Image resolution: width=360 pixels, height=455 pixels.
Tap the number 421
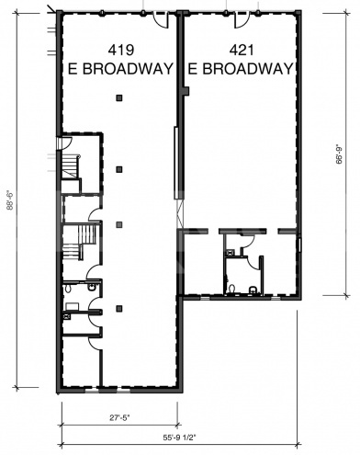240,50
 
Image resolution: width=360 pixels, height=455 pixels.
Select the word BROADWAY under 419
129,69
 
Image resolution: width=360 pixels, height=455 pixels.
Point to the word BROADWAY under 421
248,68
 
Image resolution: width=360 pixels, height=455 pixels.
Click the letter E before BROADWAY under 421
193,68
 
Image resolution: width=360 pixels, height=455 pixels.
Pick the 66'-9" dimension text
340,148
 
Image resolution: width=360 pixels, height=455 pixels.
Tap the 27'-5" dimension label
118,417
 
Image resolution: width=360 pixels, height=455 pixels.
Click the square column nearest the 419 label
119,98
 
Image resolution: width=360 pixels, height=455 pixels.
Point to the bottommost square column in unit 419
119,307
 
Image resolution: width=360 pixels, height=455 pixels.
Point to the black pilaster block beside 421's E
186,90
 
